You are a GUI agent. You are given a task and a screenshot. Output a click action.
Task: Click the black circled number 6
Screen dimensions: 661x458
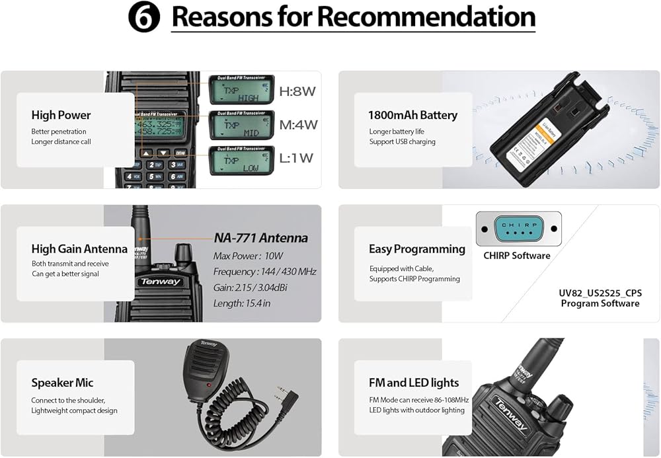[144, 17]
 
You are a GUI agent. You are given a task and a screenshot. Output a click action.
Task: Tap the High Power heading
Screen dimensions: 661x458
[61, 115]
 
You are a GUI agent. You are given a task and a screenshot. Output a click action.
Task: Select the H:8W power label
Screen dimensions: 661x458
[297, 92]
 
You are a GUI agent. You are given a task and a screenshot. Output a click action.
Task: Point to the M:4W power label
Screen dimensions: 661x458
[298, 124]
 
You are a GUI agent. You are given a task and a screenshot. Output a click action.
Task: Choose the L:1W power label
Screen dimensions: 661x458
[296, 158]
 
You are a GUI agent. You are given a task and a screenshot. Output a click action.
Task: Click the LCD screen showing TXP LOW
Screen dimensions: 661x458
[241, 160]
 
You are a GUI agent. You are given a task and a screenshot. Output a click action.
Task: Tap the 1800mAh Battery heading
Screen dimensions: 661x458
[412, 115]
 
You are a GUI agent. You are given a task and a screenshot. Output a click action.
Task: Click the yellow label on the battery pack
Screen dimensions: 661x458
[520, 141]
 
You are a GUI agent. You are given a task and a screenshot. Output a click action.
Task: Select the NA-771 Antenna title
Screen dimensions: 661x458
[260, 238]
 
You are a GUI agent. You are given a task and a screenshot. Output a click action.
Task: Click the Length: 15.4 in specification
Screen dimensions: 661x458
[242, 303]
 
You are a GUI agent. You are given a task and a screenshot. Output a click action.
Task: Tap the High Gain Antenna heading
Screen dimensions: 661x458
[79, 249]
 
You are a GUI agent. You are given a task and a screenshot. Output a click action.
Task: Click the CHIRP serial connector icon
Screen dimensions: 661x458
[518, 228]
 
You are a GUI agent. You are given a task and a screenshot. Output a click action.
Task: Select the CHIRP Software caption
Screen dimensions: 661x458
[517, 256]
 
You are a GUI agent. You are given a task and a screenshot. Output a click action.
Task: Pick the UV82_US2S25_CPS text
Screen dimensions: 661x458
[600, 293]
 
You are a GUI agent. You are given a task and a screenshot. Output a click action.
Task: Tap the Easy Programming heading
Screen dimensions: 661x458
[416, 249]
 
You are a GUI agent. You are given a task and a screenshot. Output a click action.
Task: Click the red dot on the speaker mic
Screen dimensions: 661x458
[210, 384]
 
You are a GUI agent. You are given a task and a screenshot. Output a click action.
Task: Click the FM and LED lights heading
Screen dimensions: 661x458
[413, 383]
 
